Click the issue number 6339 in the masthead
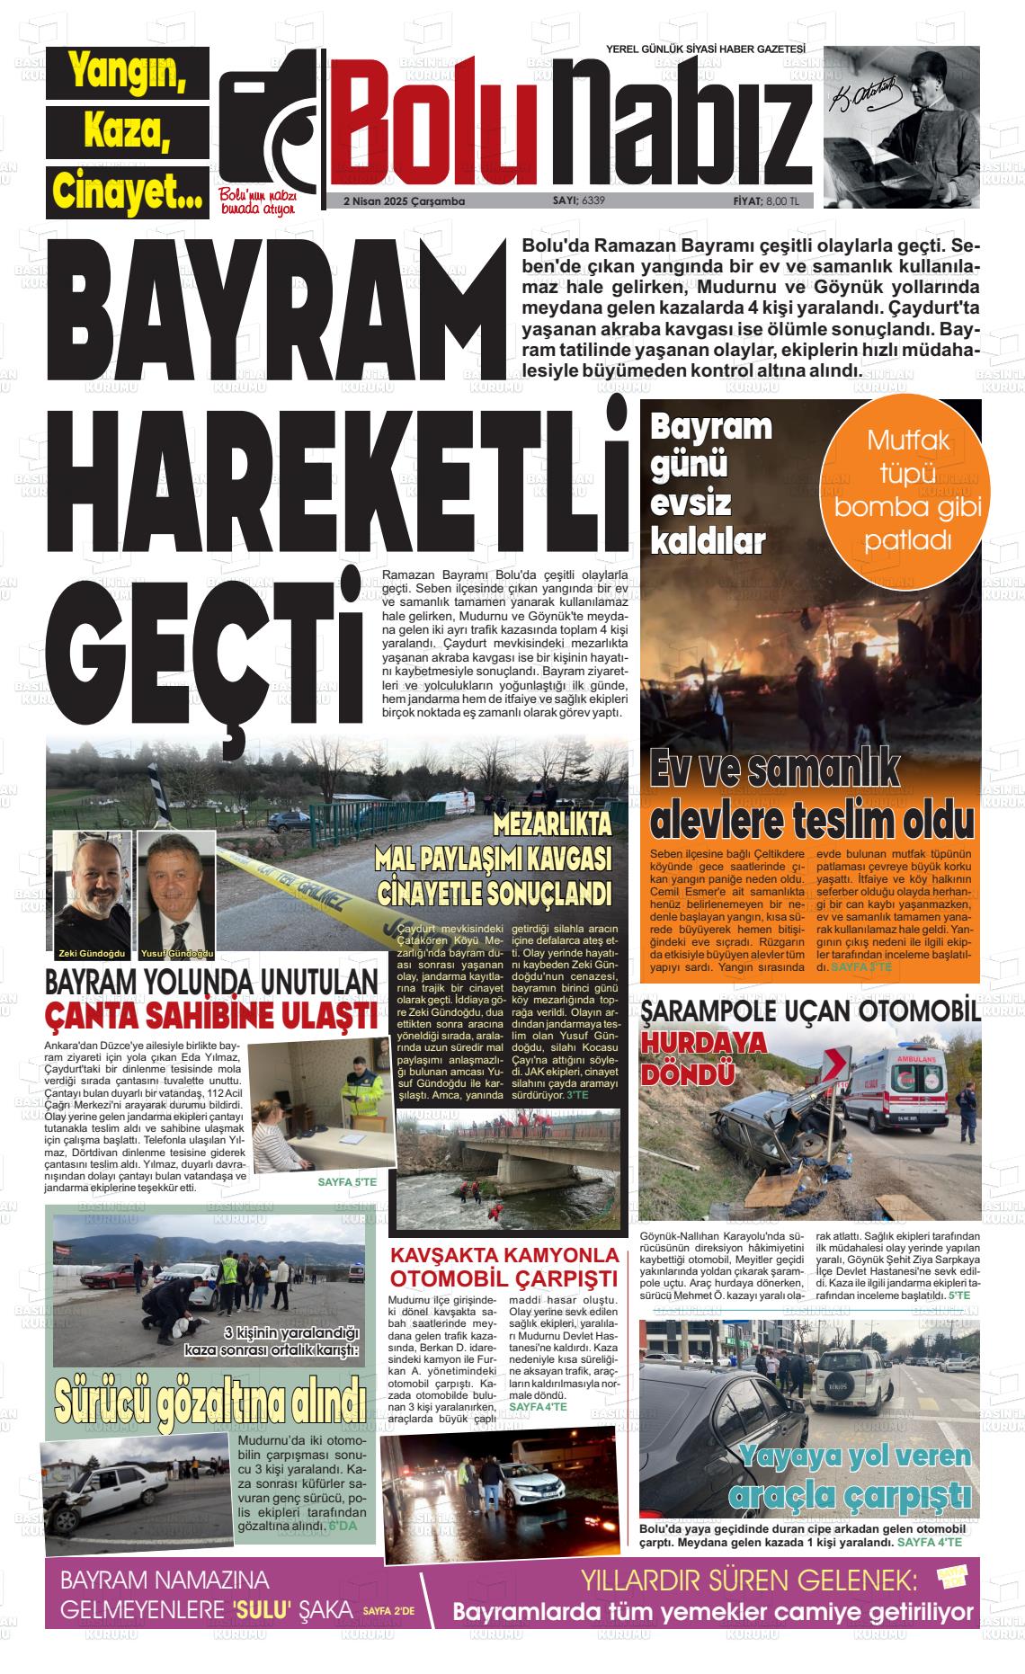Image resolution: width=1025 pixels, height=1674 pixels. [593, 200]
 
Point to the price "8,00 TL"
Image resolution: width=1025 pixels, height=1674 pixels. [781, 200]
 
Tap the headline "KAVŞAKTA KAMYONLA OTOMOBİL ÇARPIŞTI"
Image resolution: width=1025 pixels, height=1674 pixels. [504, 1267]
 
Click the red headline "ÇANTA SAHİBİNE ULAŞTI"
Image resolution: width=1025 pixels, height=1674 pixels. [211, 1017]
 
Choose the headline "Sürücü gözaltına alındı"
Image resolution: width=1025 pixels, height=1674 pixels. [209, 1398]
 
